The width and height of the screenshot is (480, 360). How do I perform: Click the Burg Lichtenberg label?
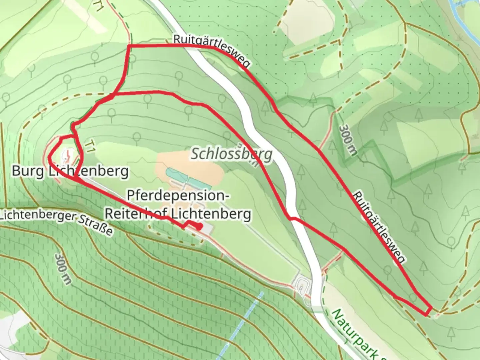coord(70,171)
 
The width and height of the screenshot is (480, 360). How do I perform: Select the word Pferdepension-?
coord(177,196)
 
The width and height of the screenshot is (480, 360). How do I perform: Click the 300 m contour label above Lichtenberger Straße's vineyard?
coord(63,269)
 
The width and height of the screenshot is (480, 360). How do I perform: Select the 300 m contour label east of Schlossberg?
coord(348,140)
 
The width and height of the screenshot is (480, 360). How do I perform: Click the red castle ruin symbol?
coord(67,155)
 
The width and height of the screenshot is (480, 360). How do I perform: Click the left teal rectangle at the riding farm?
coord(177,174)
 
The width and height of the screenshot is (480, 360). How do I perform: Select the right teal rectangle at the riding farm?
coord(200,183)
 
